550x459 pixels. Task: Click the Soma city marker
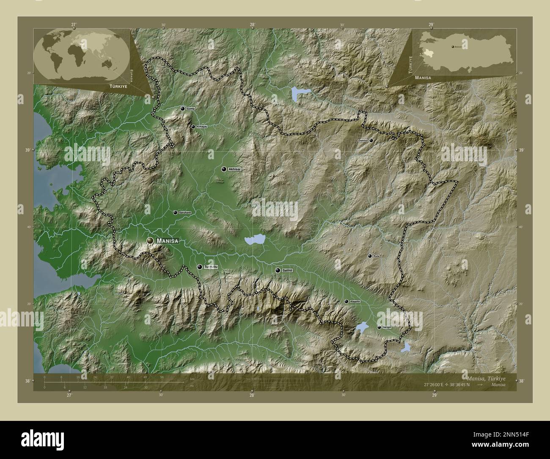183,109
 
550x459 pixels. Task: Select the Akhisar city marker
224,169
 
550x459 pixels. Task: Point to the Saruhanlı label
185,213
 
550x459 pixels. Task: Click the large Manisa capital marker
150,241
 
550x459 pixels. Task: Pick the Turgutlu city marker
200,267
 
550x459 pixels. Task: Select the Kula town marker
370,256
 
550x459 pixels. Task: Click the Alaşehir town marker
346,301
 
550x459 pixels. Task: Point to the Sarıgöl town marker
379,327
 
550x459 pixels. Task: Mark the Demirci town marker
371,140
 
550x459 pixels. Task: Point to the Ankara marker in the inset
453,47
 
